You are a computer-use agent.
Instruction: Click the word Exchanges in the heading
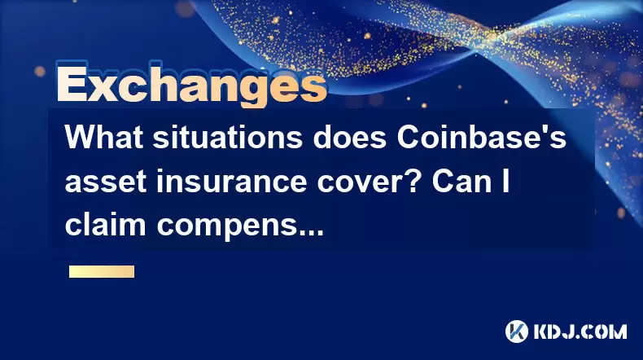coord(191,86)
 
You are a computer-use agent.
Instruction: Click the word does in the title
coord(350,137)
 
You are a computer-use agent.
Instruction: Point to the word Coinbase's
coord(481,137)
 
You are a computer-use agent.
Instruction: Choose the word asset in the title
coord(105,182)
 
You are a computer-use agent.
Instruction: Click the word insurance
coord(231,181)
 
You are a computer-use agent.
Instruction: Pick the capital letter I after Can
coord(505,181)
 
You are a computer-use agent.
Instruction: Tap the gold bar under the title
coord(102,272)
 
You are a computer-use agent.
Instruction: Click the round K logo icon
coord(516,331)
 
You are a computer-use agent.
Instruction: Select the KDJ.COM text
coord(580,331)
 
